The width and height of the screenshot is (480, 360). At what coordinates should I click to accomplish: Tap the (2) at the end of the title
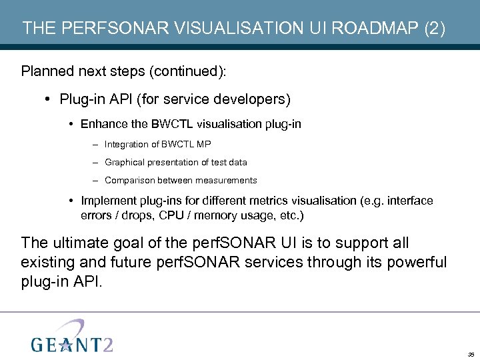coord(433,29)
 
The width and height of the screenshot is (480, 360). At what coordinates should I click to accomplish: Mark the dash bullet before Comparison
coord(97,180)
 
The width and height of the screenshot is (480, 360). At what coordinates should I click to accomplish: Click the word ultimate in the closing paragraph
coord(83,243)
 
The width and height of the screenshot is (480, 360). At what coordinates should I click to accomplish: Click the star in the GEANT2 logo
coord(64,345)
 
